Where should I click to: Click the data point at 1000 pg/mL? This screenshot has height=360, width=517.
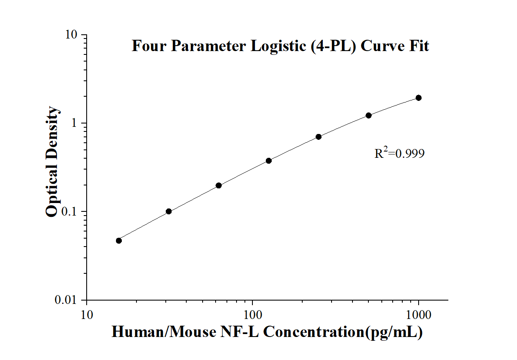(x=419, y=98)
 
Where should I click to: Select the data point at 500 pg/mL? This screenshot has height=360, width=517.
(x=369, y=115)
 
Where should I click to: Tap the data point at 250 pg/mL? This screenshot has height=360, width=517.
(x=319, y=136)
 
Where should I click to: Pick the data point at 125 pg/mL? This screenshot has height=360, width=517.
(x=269, y=160)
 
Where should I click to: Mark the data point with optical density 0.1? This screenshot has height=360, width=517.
(x=169, y=211)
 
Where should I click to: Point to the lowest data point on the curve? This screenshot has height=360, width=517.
(x=119, y=240)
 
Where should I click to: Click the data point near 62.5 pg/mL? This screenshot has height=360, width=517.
(x=219, y=185)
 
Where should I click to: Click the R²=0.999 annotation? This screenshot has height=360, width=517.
(x=399, y=154)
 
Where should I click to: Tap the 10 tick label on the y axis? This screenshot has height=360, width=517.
(x=72, y=35)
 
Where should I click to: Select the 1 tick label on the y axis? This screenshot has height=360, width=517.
(x=75, y=123)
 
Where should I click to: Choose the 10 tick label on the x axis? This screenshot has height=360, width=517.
(x=87, y=314)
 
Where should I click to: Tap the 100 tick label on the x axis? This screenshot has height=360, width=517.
(x=252, y=314)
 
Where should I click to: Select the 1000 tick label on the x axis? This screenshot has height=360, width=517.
(x=419, y=314)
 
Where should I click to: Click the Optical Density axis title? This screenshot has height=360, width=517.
(x=52, y=162)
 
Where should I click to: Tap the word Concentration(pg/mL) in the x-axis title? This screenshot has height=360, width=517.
(x=342, y=332)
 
